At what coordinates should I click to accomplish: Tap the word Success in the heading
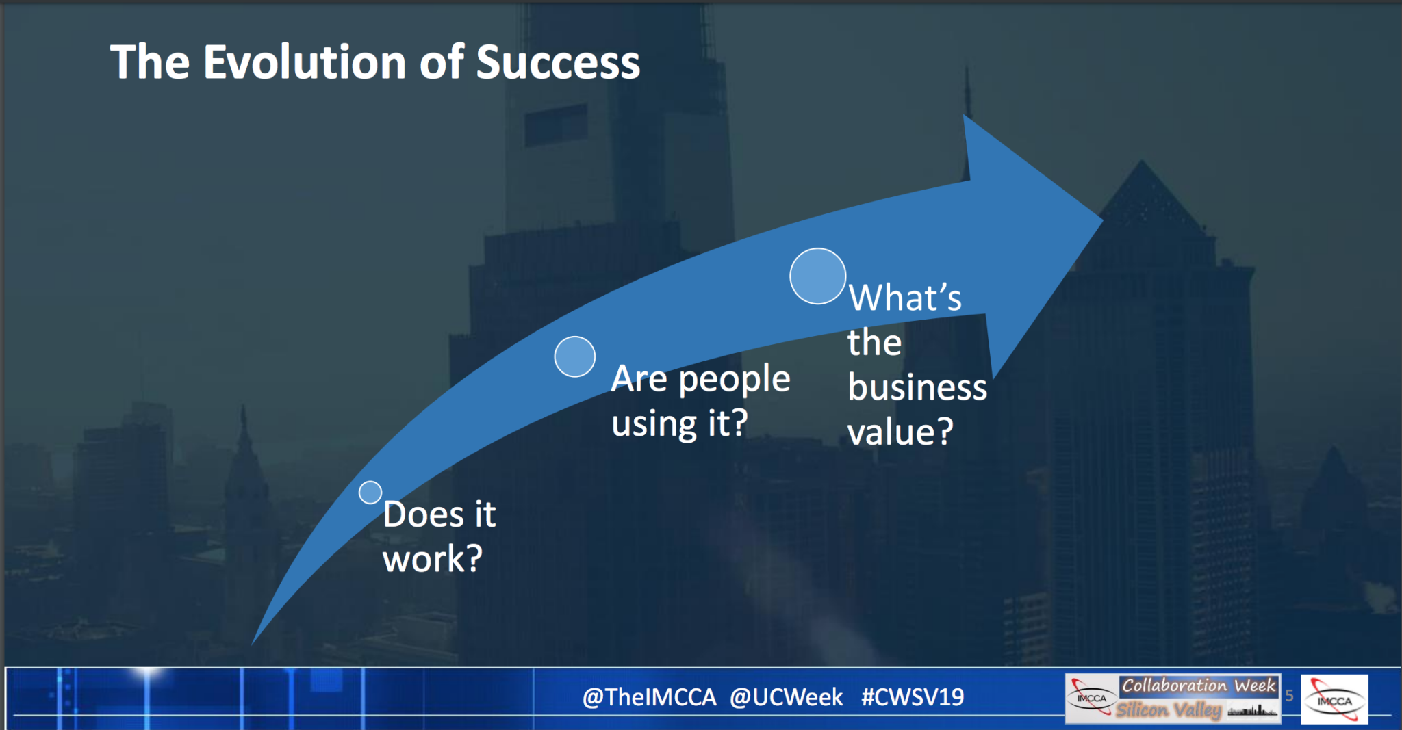point(558,62)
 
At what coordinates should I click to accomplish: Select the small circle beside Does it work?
point(370,493)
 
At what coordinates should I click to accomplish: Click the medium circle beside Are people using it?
point(575,356)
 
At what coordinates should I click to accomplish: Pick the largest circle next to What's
point(818,276)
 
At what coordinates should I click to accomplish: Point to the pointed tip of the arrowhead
point(1102,220)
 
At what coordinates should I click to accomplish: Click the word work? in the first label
point(433,559)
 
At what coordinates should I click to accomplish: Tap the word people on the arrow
point(735,380)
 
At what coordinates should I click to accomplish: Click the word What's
point(905,298)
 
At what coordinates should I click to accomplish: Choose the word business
point(917,387)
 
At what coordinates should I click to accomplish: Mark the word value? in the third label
point(900,432)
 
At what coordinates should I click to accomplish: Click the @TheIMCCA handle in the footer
point(649,697)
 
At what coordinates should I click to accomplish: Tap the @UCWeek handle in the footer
point(786,697)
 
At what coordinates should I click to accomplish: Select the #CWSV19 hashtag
point(913,697)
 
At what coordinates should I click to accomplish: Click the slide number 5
point(1289,696)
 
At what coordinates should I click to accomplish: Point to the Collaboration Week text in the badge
point(1199,686)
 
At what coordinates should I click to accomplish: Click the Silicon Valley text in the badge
point(1169,709)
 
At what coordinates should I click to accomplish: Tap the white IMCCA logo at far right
point(1334,699)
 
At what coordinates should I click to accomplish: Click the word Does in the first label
point(423,514)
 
